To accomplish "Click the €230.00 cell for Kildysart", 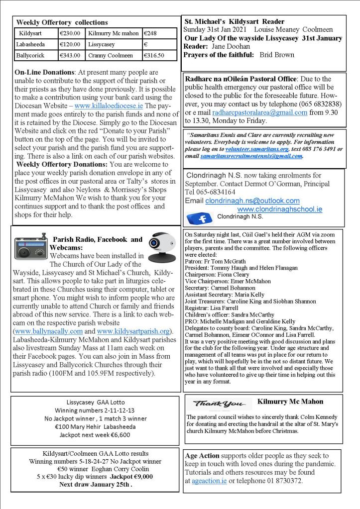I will click(69, 33).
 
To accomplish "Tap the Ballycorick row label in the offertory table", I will click(31, 55).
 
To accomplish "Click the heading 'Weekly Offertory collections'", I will click(62, 22).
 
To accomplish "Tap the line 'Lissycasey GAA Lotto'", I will click(95, 402).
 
